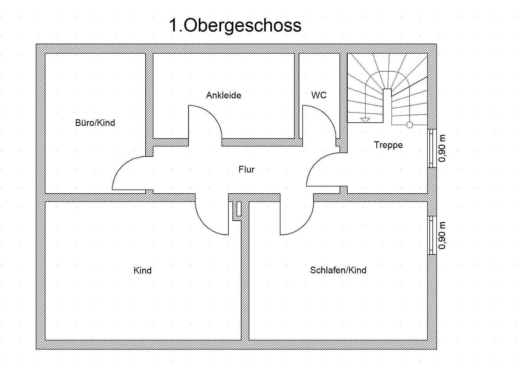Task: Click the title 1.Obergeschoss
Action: (x=235, y=25)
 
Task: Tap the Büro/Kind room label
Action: (x=95, y=123)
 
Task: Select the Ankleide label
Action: (x=223, y=95)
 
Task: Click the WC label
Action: (x=319, y=95)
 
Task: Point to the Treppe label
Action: (x=388, y=145)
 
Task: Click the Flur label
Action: (x=246, y=169)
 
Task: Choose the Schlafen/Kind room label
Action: (x=338, y=270)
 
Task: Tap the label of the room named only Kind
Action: (x=142, y=270)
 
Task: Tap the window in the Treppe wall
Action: (x=431, y=148)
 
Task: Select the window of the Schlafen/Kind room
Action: (x=431, y=235)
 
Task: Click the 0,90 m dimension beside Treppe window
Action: (x=442, y=148)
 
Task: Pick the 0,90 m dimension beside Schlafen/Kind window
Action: (x=442, y=235)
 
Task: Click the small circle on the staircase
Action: (x=409, y=125)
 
